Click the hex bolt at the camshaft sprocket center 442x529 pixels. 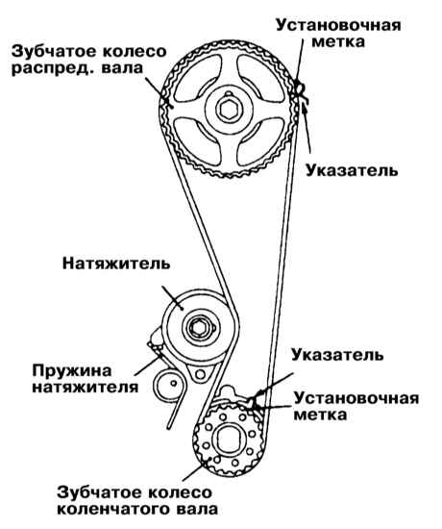(x=229, y=109)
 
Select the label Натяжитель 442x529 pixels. (x=116, y=264)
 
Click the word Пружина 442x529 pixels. (x=72, y=371)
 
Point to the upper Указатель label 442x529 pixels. (x=352, y=171)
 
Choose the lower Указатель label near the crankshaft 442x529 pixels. (x=337, y=356)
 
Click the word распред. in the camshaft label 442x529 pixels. (x=53, y=68)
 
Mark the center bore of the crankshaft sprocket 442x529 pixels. (x=229, y=441)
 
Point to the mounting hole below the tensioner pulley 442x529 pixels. (x=200, y=374)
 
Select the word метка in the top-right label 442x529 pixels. (x=338, y=42)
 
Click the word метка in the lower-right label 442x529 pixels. (x=320, y=416)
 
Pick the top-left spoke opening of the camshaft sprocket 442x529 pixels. (x=198, y=78)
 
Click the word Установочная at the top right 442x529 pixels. (x=339, y=26)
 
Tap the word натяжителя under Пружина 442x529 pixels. (x=86, y=388)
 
